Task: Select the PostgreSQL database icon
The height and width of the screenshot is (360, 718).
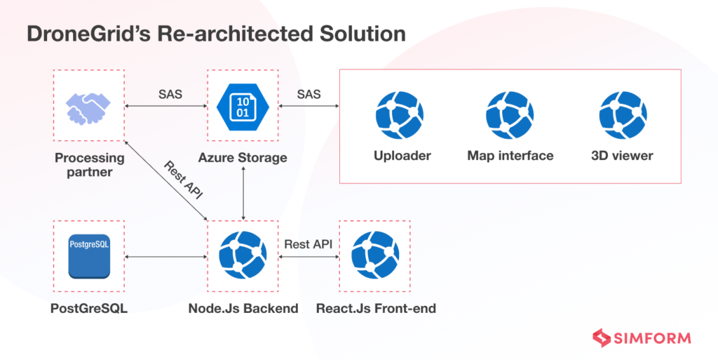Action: pos(89,256)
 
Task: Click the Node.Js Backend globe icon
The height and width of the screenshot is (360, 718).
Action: pos(242,255)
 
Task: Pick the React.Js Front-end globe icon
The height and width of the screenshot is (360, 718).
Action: pos(375,255)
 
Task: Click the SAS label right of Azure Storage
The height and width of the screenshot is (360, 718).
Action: pos(309,94)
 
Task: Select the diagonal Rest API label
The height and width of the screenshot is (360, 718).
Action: pos(182,180)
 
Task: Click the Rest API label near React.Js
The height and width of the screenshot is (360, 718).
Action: pos(308,244)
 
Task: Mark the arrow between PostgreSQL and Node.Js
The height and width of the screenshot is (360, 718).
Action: pos(165,257)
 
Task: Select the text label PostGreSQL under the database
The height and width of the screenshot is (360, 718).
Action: pos(89,309)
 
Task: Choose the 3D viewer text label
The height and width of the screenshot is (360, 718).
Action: pos(622,156)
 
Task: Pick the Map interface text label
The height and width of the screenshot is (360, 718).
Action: pos(510,156)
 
